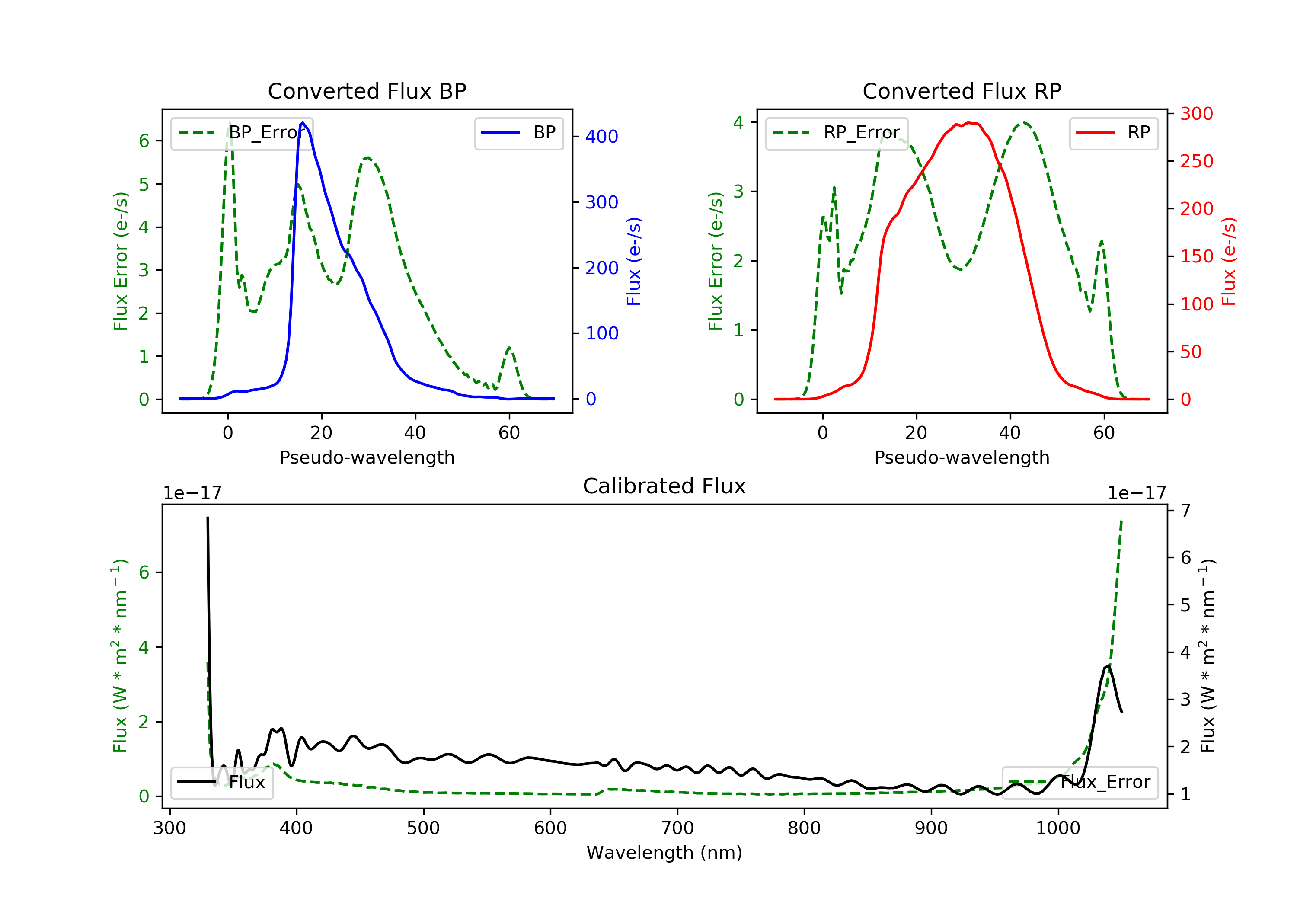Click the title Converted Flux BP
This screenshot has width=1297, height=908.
tap(367, 91)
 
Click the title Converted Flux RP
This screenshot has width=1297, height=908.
tap(962, 91)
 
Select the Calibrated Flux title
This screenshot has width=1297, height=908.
tap(664, 486)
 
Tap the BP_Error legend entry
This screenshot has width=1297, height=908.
tap(242, 133)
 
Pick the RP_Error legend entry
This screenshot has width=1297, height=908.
tap(837, 133)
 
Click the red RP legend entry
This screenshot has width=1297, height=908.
tap(1113, 133)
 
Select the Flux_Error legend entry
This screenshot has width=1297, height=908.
tap(1080, 782)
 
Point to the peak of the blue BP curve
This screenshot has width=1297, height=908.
tap(303, 123)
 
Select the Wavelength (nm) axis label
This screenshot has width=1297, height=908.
tap(664, 853)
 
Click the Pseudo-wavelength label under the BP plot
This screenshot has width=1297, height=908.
tap(367, 457)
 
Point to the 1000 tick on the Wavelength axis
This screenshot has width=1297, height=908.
tap(1058, 828)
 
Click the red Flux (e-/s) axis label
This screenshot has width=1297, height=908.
tap(1229, 261)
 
